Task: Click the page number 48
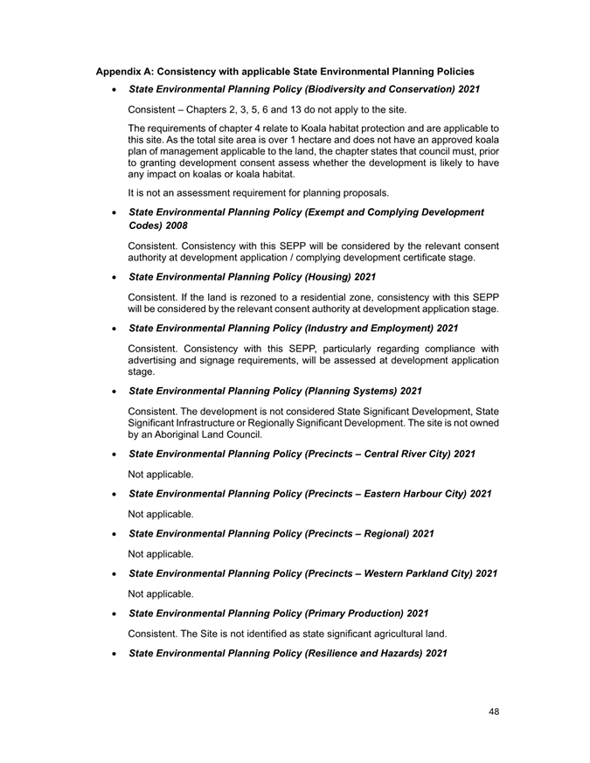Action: (x=494, y=711)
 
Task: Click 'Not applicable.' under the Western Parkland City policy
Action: (x=161, y=593)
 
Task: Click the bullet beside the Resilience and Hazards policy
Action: (x=115, y=654)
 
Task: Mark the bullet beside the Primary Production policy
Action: (x=115, y=613)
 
